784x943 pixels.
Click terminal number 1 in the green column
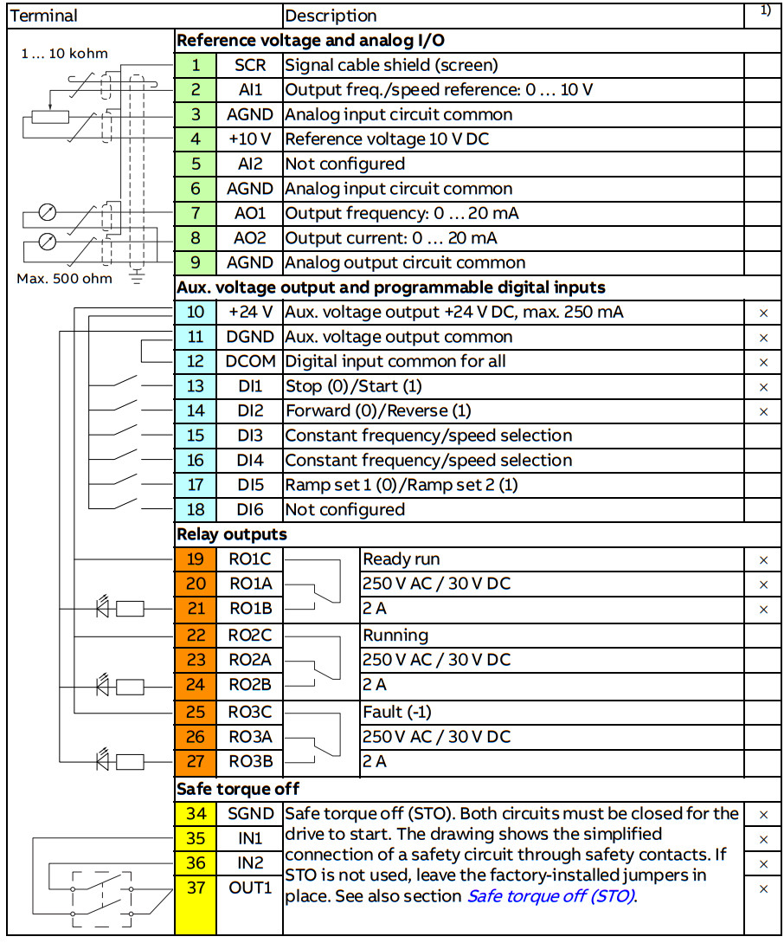point(196,65)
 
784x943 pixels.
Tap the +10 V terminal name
point(250,139)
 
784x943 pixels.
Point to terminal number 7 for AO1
point(196,213)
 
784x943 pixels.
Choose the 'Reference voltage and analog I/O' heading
point(312,41)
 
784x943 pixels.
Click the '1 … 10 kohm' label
point(64,54)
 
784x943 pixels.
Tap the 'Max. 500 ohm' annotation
point(64,279)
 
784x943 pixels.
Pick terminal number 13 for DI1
point(196,386)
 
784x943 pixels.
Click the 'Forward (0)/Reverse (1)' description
point(379,411)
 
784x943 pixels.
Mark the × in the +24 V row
point(763,313)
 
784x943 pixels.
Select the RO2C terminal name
point(250,635)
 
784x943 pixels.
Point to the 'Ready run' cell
point(402,559)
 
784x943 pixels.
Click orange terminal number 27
point(196,762)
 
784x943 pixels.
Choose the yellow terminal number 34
point(196,814)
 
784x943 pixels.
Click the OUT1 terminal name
point(250,888)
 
